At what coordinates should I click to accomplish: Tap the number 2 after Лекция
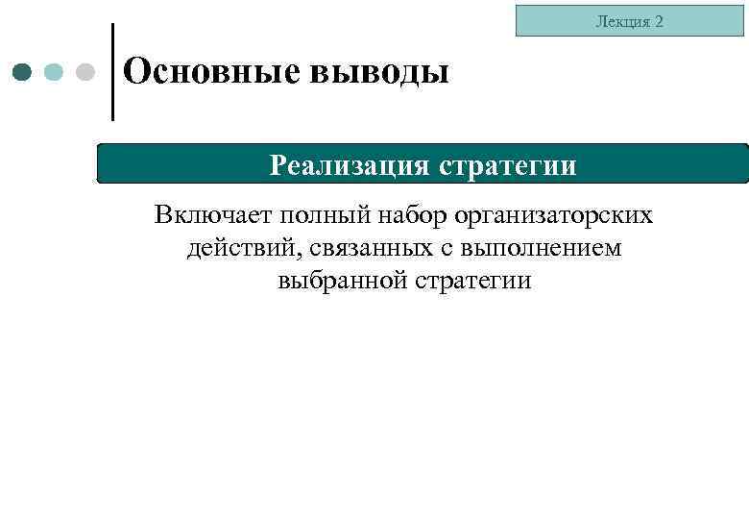(658, 21)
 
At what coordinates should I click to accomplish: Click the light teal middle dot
(55, 72)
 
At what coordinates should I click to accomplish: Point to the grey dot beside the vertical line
(85, 72)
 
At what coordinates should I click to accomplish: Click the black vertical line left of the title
(112, 72)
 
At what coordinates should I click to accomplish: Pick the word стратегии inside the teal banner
(508, 165)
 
